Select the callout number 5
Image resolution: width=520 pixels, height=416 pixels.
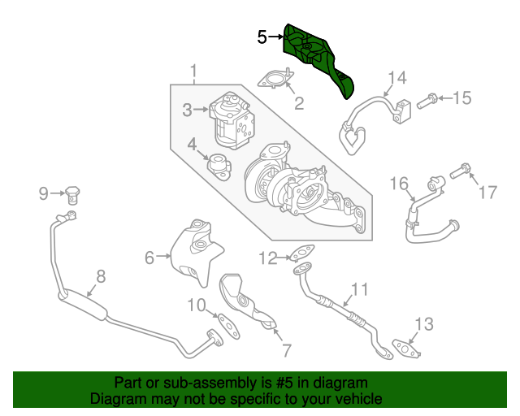tap(262, 37)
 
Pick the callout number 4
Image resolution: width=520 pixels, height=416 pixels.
tap(192, 145)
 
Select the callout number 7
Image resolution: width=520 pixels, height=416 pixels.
tap(285, 350)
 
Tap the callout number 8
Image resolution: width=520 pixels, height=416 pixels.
tap(101, 275)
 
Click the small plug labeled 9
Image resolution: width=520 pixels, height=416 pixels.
tap(75, 194)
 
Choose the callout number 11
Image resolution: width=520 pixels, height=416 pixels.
tap(359, 289)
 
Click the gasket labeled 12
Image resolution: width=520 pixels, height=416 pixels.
tap(303, 258)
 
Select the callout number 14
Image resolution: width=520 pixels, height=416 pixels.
tap(396, 78)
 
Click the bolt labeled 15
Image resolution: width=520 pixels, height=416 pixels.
tap(429, 102)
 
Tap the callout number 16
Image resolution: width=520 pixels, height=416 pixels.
tap(398, 184)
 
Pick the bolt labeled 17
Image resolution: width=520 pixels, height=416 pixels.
tap(458, 171)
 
